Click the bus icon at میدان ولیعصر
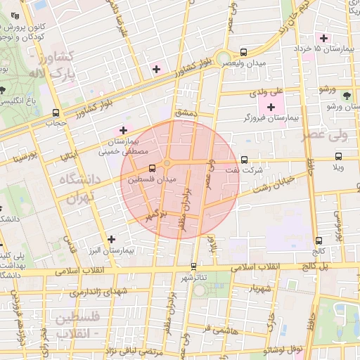click(244, 52)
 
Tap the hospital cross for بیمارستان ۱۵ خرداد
click(323, 37)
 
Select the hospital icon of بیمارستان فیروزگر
click(271, 107)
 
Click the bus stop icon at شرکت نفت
click(244, 160)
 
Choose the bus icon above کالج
click(319, 240)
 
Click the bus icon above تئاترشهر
click(193, 266)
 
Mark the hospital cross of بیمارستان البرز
click(112, 239)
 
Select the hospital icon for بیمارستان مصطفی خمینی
click(124, 130)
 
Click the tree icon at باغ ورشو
click(346, 95)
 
